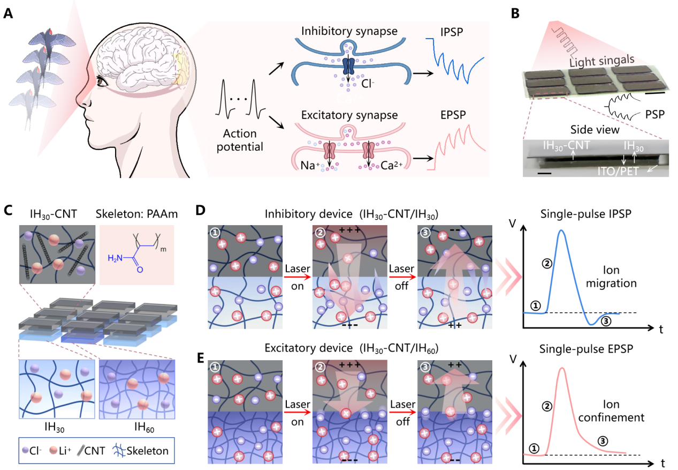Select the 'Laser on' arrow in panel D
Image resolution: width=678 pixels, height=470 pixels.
(x=294, y=277)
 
